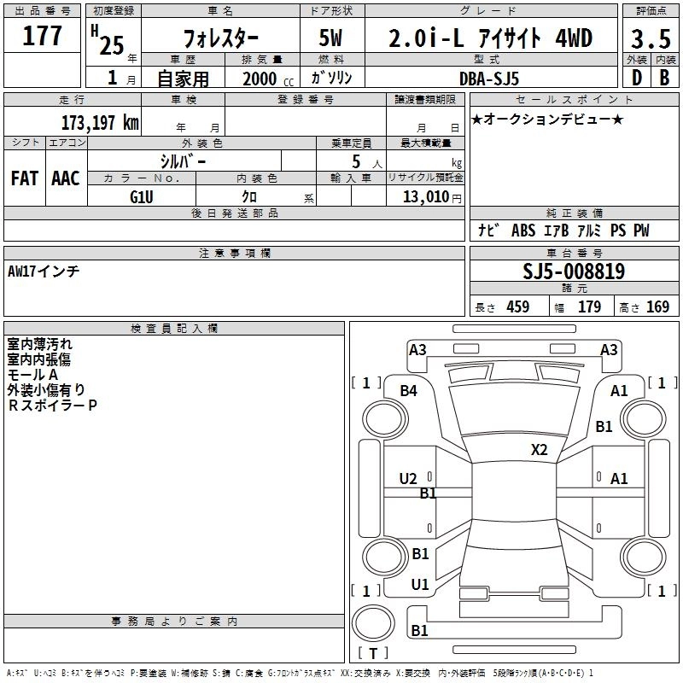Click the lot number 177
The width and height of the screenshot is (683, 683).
click(42, 37)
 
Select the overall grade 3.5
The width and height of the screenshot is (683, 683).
click(650, 39)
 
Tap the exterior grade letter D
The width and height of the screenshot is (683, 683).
click(635, 77)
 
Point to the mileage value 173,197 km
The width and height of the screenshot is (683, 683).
click(99, 122)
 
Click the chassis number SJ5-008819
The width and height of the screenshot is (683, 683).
click(574, 271)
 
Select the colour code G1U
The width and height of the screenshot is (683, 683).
click(142, 196)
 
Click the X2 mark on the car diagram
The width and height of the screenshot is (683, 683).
click(540, 449)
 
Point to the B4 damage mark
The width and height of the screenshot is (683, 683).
click(409, 391)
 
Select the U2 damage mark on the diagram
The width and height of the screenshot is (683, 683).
click(408, 479)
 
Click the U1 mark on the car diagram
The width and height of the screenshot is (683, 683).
click(420, 585)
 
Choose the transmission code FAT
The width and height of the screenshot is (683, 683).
click(24, 178)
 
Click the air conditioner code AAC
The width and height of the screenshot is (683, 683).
click(66, 178)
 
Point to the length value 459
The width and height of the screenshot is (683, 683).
click(517, 307)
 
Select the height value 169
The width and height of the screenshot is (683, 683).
click(657, 307)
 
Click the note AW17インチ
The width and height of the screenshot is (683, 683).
click(44, 271)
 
